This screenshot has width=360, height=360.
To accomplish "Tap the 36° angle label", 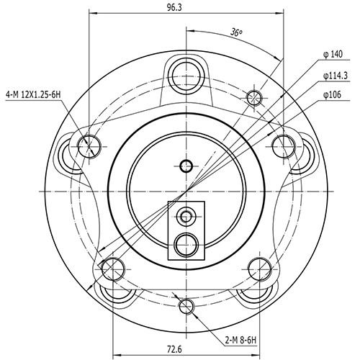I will (x=235, y=32).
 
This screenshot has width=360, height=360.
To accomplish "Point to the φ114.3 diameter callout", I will (x=336, y=76).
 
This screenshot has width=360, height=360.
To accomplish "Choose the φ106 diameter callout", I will (x=333, y=94).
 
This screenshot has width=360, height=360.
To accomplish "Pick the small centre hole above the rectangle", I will (x=186, y=166).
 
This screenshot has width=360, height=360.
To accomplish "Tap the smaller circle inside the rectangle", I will (x=186, y=215).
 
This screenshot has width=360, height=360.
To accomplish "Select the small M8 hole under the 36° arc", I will (x=253, y=97).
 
